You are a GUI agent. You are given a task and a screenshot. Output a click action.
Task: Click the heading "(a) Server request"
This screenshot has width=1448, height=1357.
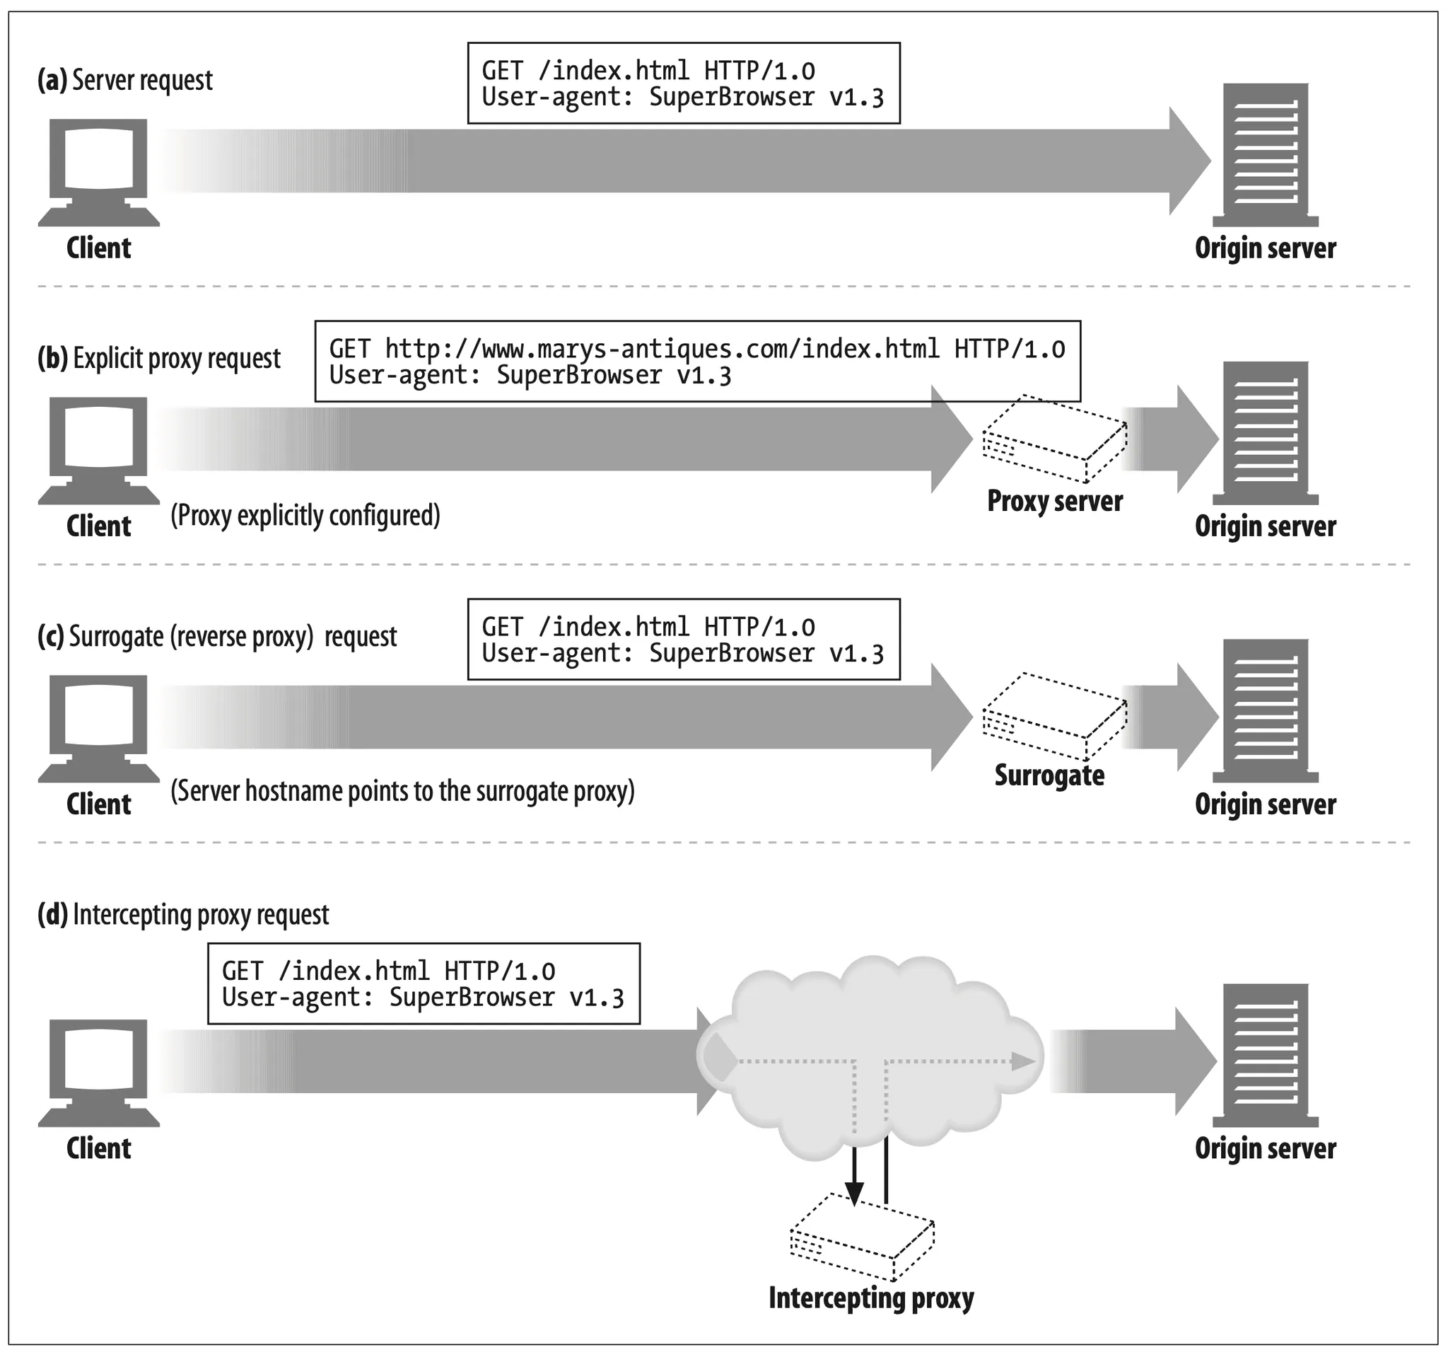click(124, 80)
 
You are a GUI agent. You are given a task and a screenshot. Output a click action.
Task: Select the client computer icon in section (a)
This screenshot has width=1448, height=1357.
click(98, 173)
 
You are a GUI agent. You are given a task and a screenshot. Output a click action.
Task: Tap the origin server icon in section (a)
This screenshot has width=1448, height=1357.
click(1265, 155)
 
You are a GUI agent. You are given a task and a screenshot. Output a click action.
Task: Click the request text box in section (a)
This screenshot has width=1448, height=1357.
click(683, 83)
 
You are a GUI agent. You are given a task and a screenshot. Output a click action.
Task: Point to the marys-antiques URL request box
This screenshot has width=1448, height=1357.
click(697, 362)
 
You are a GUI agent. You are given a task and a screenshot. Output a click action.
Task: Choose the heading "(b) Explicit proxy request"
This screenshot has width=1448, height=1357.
click(159, 359)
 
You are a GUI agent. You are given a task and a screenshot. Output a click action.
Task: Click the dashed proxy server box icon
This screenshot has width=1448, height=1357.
click(1055, 439)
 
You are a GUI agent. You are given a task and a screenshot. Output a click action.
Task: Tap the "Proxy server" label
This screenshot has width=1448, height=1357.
click(1055, 502)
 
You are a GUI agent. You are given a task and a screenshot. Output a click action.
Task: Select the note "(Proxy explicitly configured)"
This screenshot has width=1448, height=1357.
click(305, 515)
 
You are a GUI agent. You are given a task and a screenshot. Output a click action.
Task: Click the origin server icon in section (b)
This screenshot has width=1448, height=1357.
click(1265, 433)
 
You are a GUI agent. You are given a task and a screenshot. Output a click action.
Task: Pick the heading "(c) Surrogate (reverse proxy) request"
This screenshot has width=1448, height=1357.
click(217, 637)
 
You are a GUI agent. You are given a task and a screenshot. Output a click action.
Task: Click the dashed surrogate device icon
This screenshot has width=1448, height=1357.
click(1055, 716)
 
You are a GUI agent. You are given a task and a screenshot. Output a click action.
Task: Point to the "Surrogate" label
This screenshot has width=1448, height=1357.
click(1049, 775)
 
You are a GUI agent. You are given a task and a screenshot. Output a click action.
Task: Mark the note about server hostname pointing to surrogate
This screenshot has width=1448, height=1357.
click(402, 792)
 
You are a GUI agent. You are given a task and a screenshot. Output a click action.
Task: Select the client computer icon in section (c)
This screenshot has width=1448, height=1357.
click(98, 729)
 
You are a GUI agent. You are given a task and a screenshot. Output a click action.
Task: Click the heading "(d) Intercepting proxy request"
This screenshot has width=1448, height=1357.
click(183, 915)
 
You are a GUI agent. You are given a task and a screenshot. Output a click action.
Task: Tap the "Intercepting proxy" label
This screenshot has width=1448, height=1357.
click(871, 1298)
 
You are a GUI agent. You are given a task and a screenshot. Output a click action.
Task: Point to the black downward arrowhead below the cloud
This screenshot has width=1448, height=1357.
click(854, 1192)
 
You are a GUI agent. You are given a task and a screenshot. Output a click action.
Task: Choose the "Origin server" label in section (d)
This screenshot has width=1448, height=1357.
click(1265, 1148)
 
